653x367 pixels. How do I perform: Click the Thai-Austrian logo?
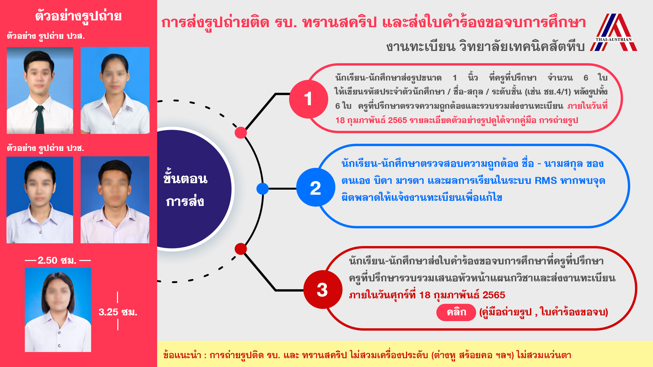pos(614,32)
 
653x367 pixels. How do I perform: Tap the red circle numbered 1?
pos(308,99)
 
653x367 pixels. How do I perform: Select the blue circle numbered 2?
pos(316,187)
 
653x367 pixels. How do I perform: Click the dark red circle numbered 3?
pos(322,290)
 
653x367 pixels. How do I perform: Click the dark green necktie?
pos(40,119)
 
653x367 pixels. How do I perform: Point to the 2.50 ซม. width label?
pos(57,261)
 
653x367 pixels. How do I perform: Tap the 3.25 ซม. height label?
pos(118,312)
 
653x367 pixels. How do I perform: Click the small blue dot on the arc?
pos(263,189)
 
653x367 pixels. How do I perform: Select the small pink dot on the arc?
pos(241,133)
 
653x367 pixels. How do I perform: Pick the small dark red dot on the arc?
pos(241,249)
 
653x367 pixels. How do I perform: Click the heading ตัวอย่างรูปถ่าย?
pos(79,16)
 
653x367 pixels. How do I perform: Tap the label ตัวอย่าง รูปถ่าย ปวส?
pos(46,36)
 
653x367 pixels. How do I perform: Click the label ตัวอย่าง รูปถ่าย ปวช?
pos(46,148)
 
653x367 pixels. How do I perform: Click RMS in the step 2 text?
pos(546,180)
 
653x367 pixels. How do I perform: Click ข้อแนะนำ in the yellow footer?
pos(182,355)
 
